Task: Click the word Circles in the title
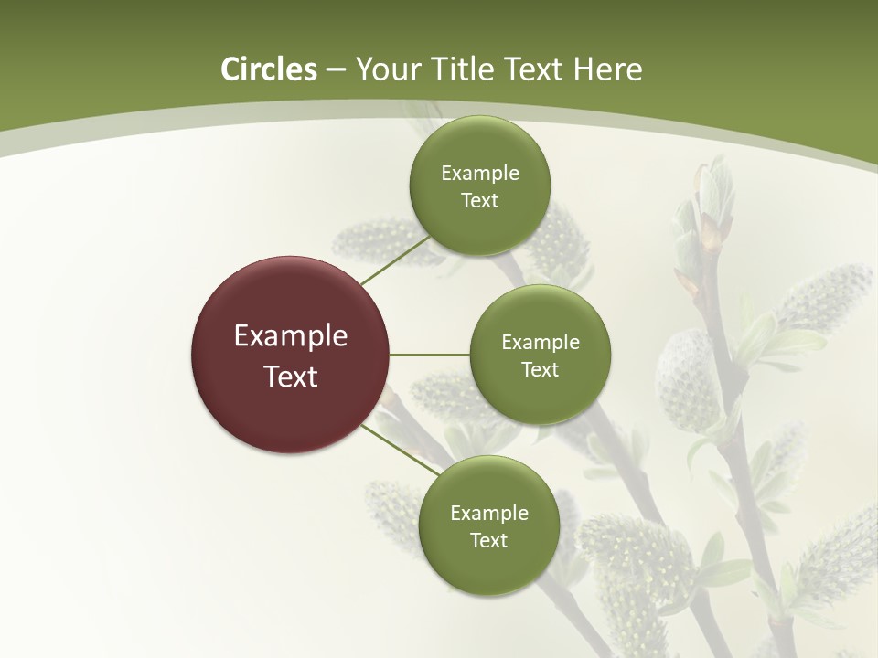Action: click(x=269, y=69)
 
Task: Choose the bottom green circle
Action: click(x=489, y=567)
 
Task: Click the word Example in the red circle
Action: click(x=291, y=336)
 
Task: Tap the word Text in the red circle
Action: click(x=291, y=377)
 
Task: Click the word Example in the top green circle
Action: click(x=480, y=174)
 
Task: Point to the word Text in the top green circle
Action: click(x=480, y=201)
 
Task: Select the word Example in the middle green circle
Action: click(x=541, y=343)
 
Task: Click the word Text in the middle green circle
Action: click(x=541, y=370)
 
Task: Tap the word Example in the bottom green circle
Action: click(x=489, y=514)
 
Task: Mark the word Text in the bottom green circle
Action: click(x=489, y=541)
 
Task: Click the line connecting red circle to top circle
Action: click(x=395, y=260)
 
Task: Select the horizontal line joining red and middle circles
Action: click(x=430, y=355)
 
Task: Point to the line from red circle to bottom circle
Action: click(x=401, y=450)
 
